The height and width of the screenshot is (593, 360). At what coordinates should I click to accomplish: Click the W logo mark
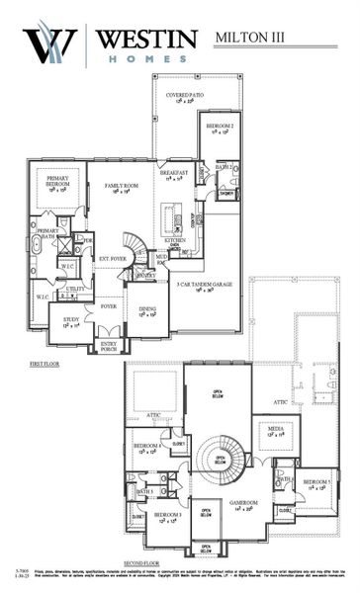point(50,44)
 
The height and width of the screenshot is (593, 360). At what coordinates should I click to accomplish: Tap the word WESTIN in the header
point(145,38)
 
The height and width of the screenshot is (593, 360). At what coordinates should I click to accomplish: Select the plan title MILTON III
point(253,37)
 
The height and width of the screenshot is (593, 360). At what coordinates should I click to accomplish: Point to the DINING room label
point(147,310)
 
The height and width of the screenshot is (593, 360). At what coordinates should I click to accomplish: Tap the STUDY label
point(70,320)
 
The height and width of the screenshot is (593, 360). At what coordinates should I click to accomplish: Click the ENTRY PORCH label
point(108,345)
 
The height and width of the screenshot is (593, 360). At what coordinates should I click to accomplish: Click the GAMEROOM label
point(242,505)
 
